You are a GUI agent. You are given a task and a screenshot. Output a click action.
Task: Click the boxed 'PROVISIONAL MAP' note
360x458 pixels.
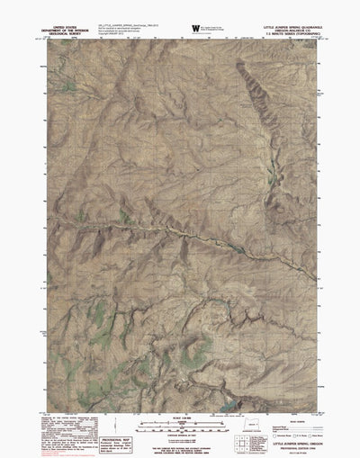click(81, 429)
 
